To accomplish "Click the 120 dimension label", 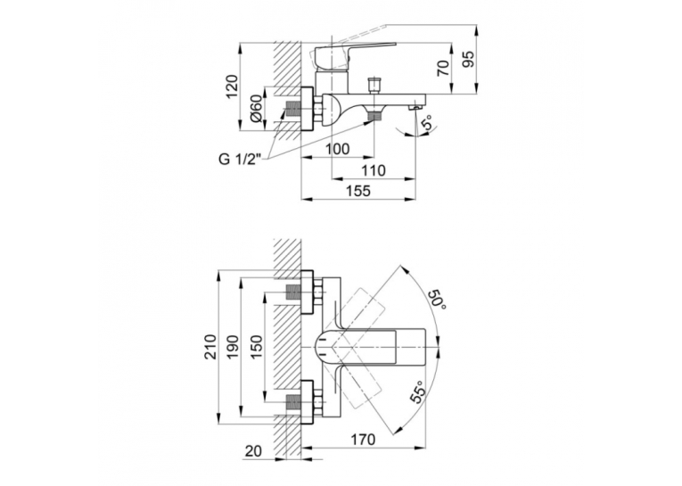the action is (233, 87).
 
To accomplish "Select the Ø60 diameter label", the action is (257, 109).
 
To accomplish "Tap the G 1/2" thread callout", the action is (239, 160).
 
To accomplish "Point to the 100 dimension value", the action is (338, 149).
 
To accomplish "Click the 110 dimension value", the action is (374, 170).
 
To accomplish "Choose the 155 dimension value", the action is (359, 191).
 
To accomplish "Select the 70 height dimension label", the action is (443, 69).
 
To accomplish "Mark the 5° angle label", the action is (429, 122).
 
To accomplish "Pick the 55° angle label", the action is (417, 391).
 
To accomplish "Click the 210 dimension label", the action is (211, 346).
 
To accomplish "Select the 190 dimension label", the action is (233, 346).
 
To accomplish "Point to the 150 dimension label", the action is (257, 346).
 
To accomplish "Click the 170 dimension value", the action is (363, 440).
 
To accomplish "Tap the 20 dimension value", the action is (253, 451).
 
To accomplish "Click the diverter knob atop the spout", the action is (373, 86).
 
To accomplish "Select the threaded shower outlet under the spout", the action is (374, 116).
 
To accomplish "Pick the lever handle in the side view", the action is (348, 53).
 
